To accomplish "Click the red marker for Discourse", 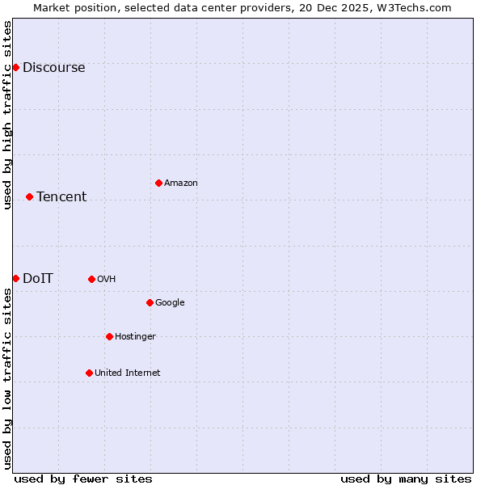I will point(15,67).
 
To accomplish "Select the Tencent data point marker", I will point(29,196).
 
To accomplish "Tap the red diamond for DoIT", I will point(15,278).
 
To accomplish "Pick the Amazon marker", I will point(158,183).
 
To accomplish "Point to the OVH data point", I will point(91,279).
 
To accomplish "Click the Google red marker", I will point(150,302).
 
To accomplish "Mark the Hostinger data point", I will point(109,336).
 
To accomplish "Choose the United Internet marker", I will point(89,373).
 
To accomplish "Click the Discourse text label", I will point(53,68).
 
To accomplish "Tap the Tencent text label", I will point(61,197).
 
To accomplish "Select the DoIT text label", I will point(38,279).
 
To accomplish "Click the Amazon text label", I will point(181,183).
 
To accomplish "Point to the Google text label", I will point(170,303).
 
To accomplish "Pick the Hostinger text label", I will point(135,337).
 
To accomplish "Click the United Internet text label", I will point(127,373).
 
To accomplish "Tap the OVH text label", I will point(106,280).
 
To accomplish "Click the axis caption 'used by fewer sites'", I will point(83,479).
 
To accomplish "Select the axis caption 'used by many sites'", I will point(406,479).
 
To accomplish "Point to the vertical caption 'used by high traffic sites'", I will point(7,115).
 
